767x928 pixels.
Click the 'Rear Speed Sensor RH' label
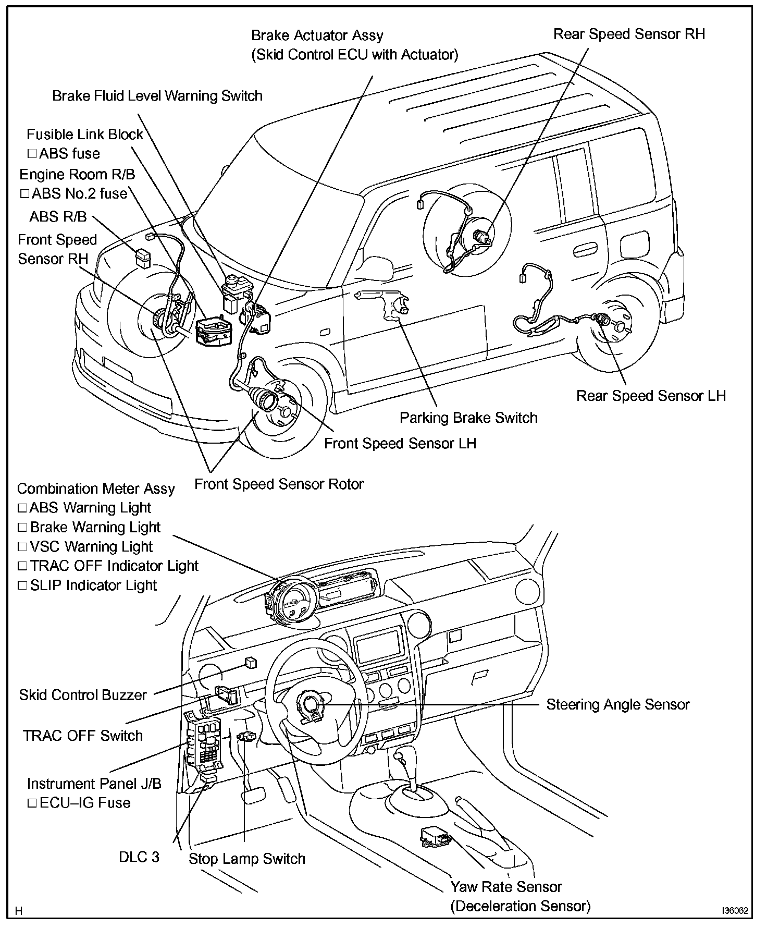point(628,34)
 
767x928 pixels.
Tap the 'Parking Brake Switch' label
point(468,418)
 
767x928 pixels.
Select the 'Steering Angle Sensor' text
point(617,704)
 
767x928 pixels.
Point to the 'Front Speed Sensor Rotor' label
point(279,484)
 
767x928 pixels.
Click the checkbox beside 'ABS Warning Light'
point(22,508)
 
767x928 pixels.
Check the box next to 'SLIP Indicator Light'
point(22,585)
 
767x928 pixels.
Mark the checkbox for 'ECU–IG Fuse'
point(32,803)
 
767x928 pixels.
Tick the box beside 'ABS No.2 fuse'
point(24,194)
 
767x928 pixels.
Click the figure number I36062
point(735,910)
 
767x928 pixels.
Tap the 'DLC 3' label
point(139,857)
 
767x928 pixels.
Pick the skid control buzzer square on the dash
point(250,663)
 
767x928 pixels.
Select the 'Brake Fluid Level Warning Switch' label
point(157,96)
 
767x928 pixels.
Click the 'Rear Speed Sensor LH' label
point(650,396)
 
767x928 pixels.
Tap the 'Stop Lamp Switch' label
point(247,859)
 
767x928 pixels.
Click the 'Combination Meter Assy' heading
point(96,489)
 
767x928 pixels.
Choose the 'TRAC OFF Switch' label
point(83,736)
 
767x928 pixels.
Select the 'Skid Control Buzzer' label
point(83,695)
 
